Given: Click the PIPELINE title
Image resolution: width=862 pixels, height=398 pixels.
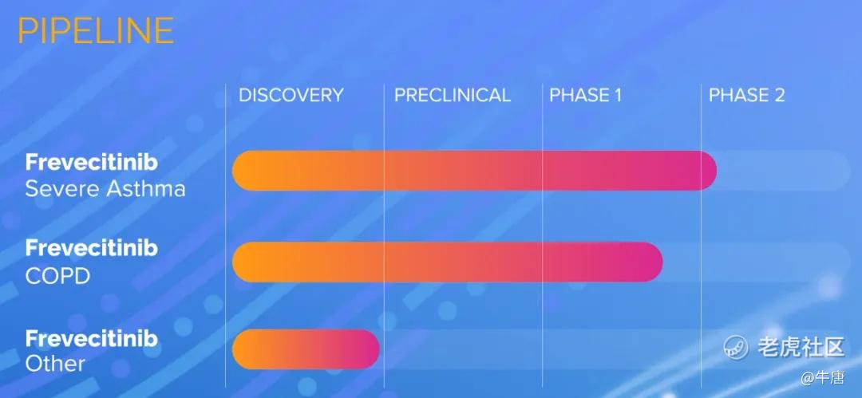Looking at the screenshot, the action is point(96,30).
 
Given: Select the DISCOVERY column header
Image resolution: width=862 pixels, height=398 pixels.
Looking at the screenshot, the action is point(291,95).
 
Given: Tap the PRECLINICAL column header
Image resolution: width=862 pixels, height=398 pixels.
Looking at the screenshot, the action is point(453,95).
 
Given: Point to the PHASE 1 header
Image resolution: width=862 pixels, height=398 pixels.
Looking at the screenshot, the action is point(586,95).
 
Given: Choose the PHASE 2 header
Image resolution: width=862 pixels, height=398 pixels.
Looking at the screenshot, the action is point(746,95).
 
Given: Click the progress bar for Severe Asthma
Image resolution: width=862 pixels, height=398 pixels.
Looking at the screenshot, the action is point(474,171).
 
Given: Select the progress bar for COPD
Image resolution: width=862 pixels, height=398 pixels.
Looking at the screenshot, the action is point(448,262).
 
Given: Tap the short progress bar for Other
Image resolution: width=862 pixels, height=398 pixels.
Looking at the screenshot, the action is point(306,349).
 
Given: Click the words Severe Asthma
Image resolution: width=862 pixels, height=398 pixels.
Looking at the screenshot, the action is point(105,189).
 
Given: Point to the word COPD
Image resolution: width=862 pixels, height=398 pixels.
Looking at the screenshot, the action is point(57,276).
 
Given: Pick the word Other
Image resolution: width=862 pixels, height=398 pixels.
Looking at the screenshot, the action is point(55,364).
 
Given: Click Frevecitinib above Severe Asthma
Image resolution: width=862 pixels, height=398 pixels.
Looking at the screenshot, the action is point(92,162).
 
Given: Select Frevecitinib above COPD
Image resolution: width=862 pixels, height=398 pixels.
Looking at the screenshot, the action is point(92,249).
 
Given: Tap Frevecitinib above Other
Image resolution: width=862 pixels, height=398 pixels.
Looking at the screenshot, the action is point(92,338).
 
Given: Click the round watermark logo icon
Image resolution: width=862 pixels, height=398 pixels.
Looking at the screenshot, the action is point(736,347).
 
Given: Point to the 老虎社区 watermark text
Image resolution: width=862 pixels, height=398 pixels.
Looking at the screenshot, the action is point(801,347).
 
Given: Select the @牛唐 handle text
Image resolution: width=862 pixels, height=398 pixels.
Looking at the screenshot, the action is point(822,377).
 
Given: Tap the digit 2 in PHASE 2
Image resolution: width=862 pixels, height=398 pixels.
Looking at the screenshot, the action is point(779,95).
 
